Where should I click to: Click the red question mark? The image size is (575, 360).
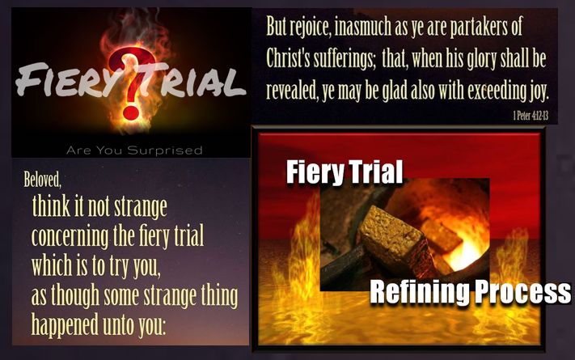[130, 83]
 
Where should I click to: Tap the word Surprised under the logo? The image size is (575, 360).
[165, 150]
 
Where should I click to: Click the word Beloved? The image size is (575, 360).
[43, 179]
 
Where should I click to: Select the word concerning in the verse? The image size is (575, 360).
[70, 237]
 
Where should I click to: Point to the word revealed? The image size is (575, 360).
[292, 90]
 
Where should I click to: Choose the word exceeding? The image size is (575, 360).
[497, 91]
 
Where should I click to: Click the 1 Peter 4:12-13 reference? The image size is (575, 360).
[531, 116]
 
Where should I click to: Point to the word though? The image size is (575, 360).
[75, 296]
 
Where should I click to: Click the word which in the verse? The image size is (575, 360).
[51, 265]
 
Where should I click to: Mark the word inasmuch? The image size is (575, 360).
[363, 28]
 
